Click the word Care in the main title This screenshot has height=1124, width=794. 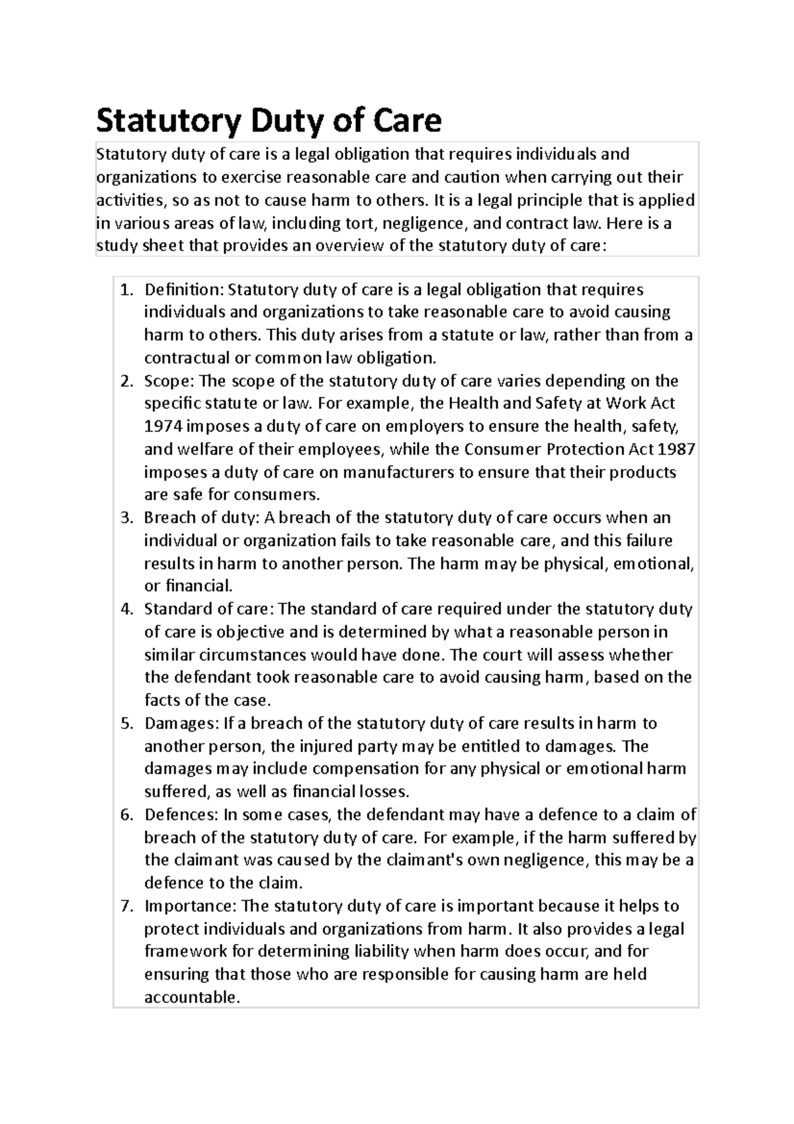coord(407,120)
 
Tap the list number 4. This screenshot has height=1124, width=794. coord(126,609)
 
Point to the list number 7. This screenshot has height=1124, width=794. coord(126,906)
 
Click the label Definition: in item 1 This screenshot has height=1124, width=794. coord(185,290)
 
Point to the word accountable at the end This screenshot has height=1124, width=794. coord(191,998)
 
